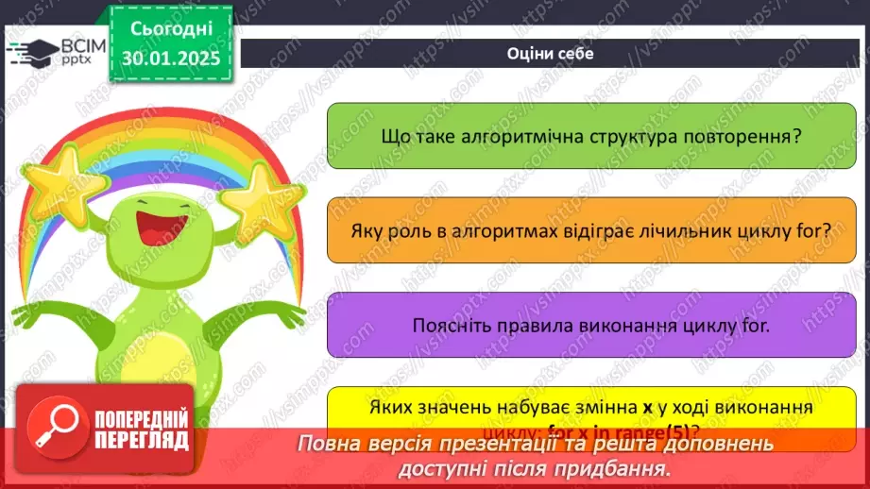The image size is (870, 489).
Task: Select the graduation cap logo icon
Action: click(32, 50)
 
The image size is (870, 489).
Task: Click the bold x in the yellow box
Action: click(648, 408)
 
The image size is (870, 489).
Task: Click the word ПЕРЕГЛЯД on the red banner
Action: click(141, 440)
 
